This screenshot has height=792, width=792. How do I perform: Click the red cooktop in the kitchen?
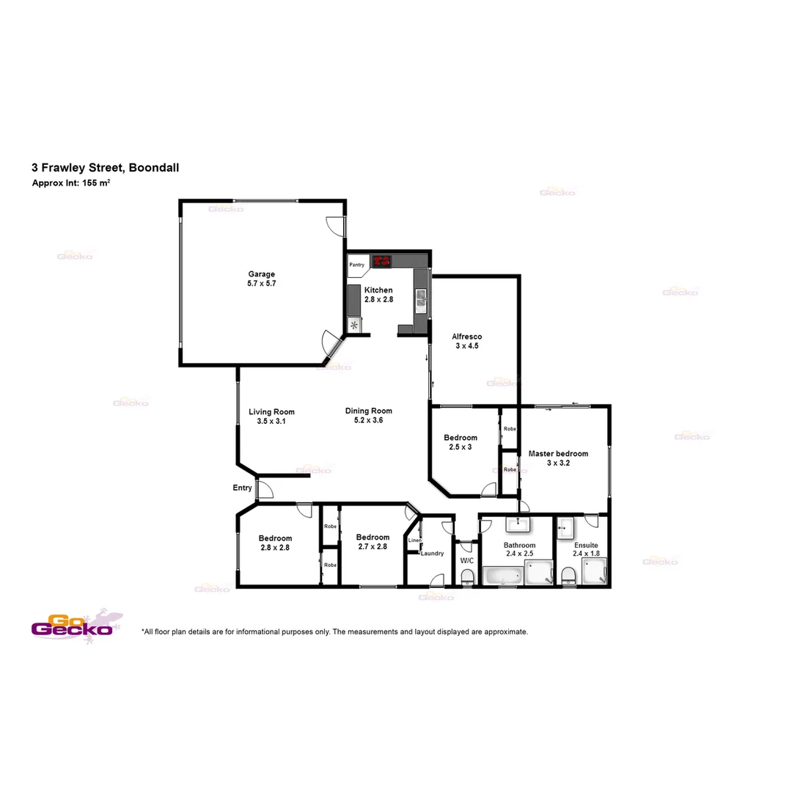(x=381, y=260)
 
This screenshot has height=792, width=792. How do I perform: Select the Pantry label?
(x=357, y=265)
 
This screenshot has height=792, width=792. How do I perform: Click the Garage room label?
(x=261, y=274)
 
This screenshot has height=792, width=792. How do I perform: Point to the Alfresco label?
(x=466, y=337)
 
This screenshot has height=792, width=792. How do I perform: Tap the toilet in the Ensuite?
(x=568, y=575)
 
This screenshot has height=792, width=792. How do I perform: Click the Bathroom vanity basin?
(x=518, y=523)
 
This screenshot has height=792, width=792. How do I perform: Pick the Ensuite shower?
(x=595, y=573)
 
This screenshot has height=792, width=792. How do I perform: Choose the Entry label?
(x=242, y=488)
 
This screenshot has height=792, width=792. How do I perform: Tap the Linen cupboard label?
(x=414, y=540)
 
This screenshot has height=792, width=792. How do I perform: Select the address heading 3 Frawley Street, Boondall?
(x=105, y=167)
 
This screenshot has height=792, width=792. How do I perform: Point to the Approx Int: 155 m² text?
(x=71, y=183)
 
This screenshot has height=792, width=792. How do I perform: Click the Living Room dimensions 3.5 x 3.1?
(x=271, y=422)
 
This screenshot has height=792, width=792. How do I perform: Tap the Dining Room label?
(x=368, y=411)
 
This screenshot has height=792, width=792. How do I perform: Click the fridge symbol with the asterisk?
(x=354, y=325)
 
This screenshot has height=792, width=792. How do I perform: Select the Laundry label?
(x=432, y=553)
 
